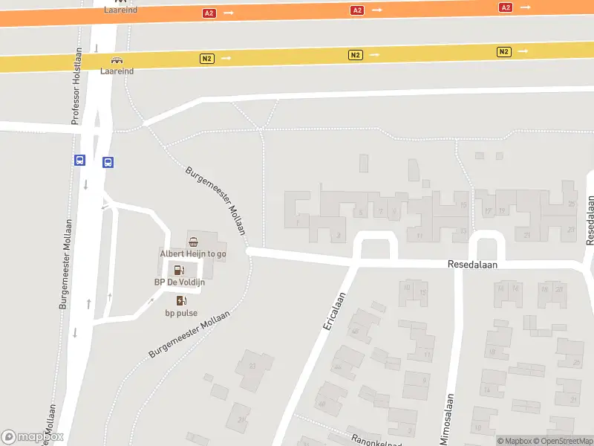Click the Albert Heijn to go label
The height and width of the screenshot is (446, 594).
193,253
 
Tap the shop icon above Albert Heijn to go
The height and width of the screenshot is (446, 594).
193,241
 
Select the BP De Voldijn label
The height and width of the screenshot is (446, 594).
179,282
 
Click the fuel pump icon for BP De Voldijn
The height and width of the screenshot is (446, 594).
179,270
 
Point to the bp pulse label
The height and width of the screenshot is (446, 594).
181,313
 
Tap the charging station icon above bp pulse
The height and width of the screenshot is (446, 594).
181,300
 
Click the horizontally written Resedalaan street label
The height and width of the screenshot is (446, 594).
472,264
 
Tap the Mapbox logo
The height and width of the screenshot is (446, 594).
32,437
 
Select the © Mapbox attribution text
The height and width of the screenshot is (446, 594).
515,441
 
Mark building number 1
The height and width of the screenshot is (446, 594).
297,222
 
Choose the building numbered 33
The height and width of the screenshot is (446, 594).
252,365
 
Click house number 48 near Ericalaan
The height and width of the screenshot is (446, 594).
322,404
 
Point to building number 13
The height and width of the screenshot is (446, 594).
463,230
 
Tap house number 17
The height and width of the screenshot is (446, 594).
488,211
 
